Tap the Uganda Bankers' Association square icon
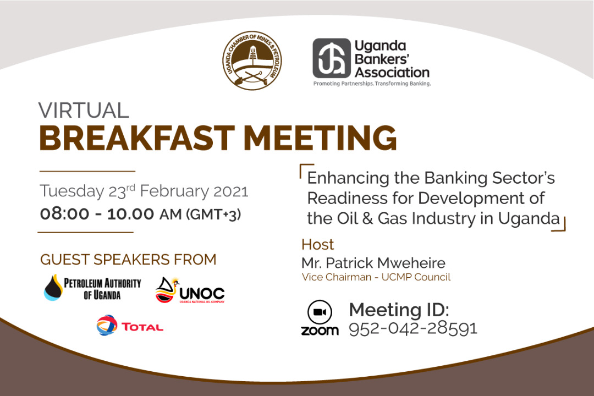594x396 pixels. pyautogui.click(x=332, y=58)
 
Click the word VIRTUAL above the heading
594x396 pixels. pyautogui.click(x=84, y=110)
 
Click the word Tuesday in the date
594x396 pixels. pyautogui.click(x=71, y=192)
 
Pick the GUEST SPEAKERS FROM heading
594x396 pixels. pyautogui.click(x=128, y=260)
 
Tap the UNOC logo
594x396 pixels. pyautogui.click(x=190, y=290)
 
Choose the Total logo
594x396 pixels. pyautogui.click(x=130, y=326)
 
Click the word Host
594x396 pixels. pyautogui.click(x=317, y=244)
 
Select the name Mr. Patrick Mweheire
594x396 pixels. pyautogui.click(x=373, y=263)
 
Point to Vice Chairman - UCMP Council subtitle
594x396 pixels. pyautogui.click(x=376, y=277)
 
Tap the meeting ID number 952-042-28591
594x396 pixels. pyautogui.click(x=413, y=328)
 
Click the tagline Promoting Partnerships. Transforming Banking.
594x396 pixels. pyautogui.click(x=372, y=84)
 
